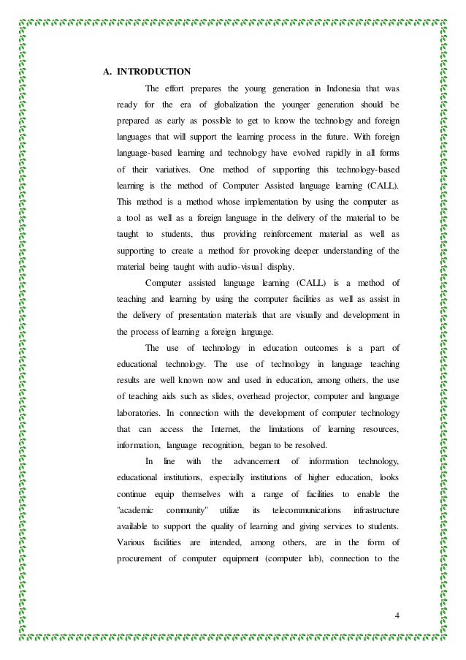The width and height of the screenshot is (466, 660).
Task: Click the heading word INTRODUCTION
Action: point(154,72)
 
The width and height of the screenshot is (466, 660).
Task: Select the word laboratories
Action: point(141,412)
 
